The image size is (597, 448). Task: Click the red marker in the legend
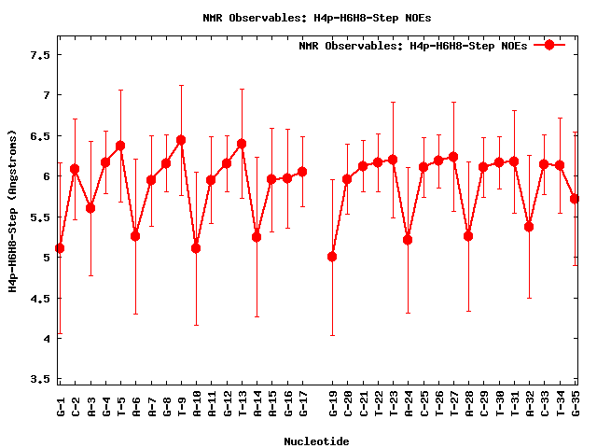pos(549,45)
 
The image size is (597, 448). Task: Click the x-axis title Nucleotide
pos(317,441)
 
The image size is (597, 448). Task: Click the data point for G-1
pos(60,248)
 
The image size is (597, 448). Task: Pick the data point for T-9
pos(181,140)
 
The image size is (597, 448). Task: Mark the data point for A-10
pos(196,248)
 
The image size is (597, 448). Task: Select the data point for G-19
pos(332,257)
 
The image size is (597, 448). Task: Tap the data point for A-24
pos(408,240)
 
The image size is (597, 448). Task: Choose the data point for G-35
pos(575,199)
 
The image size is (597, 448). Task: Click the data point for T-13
pos(242,144)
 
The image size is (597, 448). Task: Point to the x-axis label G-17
pos(302,405)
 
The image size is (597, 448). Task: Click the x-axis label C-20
pos(347,405)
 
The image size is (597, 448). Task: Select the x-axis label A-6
pos(135,405)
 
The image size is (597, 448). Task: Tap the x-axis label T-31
pos(514,405)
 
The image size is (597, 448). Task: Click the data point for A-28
pos(468,236)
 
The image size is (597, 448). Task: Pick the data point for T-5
pos(120,146)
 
